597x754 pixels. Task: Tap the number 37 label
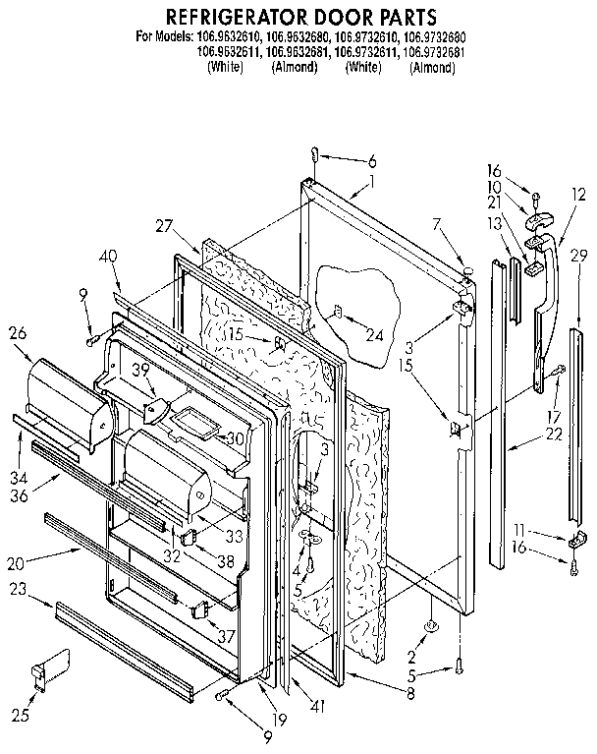(227, 636)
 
